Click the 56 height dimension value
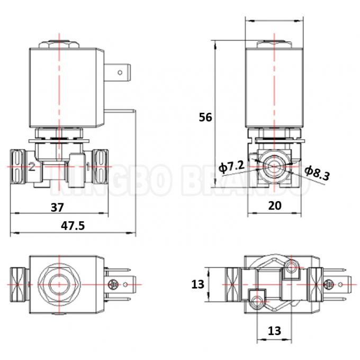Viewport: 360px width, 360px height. coord(205,117)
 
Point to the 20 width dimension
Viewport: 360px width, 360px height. coord(274,206)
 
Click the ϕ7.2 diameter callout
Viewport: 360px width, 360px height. coord(231,167)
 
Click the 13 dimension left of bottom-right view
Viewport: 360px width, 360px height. coord(197,285)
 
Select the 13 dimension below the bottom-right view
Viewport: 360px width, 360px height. coord(274,331)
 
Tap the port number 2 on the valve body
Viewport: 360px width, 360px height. coord(32,167)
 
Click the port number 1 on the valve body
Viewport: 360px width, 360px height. coord(87,167)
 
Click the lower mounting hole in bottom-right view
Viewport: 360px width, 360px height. coord(257,301)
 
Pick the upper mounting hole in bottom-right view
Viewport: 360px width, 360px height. coord(289,268)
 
